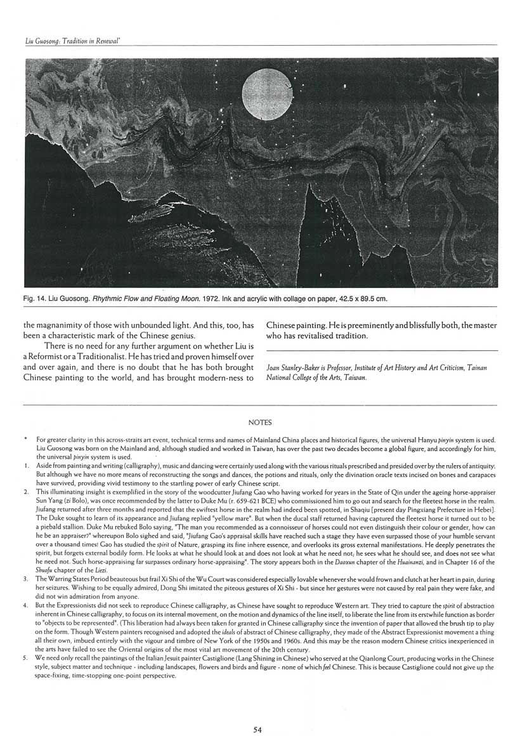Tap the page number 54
[257, 730]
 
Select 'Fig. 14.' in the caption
[37, 298]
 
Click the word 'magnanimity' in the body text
[66, 324]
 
